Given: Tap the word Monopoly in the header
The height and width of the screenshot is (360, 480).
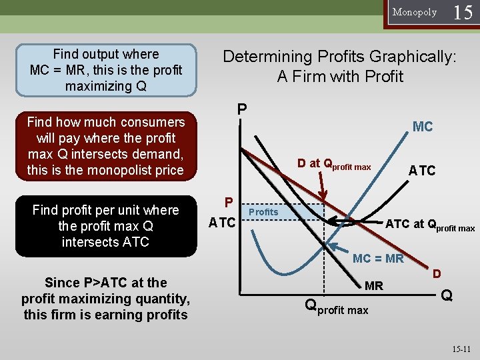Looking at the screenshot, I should [x=414, y=12].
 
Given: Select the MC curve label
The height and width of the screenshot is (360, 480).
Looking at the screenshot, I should [x=423, y=126].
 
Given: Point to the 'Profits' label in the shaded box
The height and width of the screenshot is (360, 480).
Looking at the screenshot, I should [x=263, y=212].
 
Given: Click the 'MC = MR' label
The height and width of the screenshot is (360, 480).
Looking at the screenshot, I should [x=378, y=259].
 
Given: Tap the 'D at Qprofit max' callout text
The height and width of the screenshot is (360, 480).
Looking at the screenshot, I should [x=334, y=164].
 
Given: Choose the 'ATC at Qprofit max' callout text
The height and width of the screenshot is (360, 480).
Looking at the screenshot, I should [x=430, y=225].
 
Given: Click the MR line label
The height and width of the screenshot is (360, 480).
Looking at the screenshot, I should [x=374, y=286].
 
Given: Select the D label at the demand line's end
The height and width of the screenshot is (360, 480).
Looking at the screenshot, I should [x=437, y=274].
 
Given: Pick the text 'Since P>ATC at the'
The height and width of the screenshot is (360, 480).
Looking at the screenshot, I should [x=105, y=282].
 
